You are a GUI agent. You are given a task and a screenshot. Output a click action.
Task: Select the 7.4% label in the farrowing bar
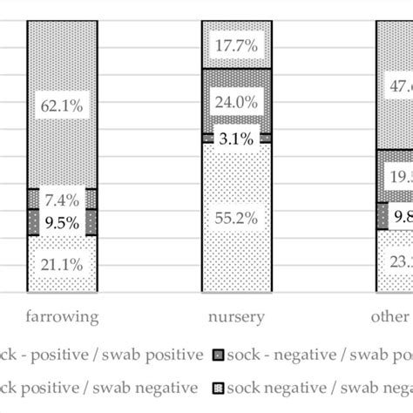pos(62,200)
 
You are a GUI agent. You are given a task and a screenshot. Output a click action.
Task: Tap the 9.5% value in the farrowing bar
pos(62,221)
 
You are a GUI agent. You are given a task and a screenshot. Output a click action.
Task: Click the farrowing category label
pos(62,316)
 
